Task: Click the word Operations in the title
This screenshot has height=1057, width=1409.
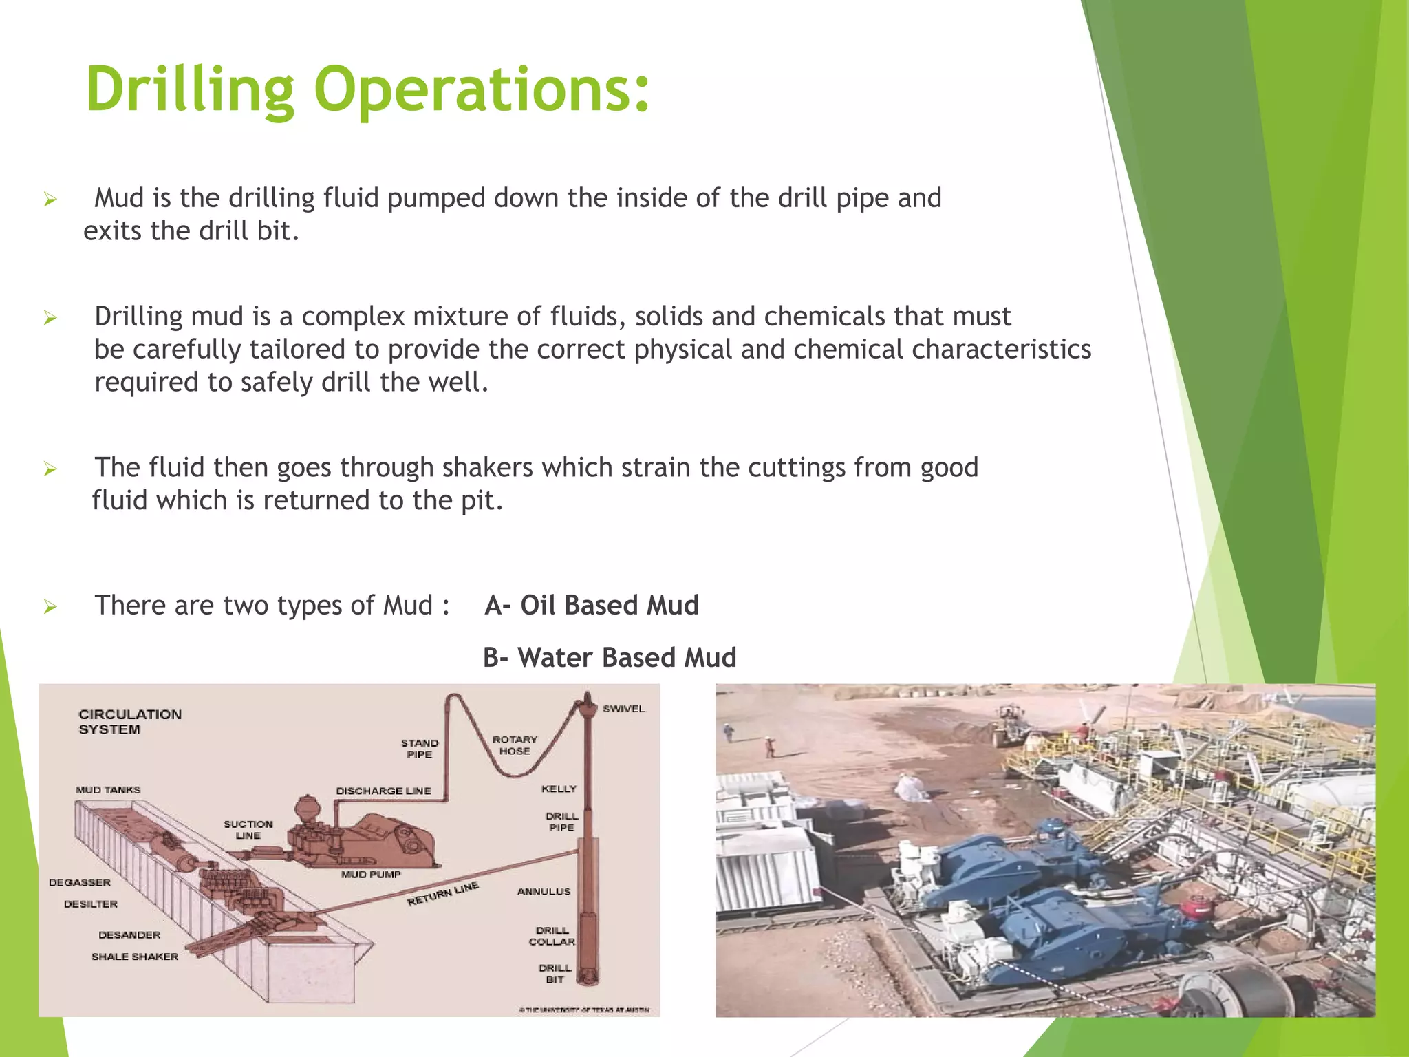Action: click(482, 89)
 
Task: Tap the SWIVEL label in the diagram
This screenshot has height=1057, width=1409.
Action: click(623, 709)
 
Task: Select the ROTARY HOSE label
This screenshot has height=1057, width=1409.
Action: click(515, 745)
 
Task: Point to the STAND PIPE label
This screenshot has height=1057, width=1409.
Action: click(419, 749)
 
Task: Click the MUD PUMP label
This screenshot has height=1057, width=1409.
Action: click(371, 875)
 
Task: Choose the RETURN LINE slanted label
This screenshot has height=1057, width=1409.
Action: click(442, 893)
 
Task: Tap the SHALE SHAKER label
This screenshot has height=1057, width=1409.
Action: click(135, 957)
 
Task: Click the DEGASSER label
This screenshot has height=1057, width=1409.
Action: click(80, 882)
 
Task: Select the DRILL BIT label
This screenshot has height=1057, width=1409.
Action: click(555, 973)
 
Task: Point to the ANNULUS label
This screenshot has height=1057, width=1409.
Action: click(544, 892)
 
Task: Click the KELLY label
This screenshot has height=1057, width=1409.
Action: click(559, 789)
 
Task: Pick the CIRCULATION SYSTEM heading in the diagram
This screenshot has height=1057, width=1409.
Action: click(129, 722)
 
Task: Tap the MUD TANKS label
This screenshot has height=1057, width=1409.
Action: click(108, 790)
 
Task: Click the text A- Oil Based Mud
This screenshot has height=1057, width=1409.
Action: click(592, 606)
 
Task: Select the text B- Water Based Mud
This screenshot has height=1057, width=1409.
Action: click(610, 658)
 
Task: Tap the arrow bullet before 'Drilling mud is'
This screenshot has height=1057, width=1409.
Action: click(50, 318)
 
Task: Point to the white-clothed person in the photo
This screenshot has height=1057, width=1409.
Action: click(912, 787)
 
